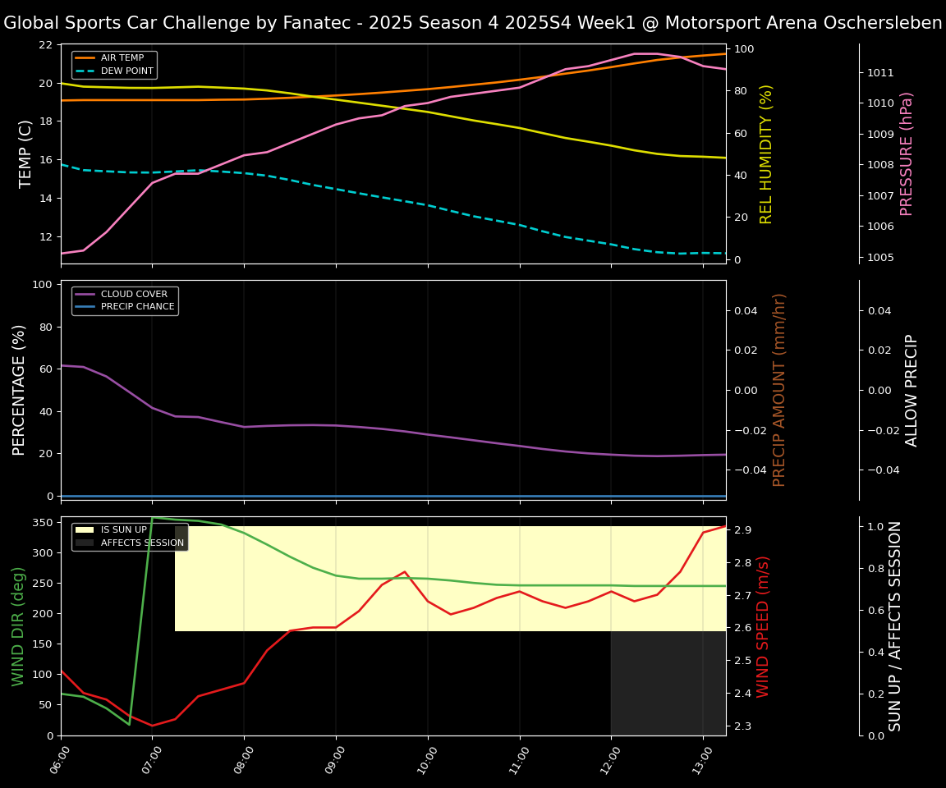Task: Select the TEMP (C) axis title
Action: pos(26,153)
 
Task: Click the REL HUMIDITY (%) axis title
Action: pos(767,153)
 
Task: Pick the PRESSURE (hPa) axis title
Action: pos(907,153)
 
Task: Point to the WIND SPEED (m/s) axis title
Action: pos(764,626)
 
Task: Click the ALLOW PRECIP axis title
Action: pos(912,390)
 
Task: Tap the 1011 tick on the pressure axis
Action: pos(880,72)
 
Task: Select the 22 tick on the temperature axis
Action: pos(45,44)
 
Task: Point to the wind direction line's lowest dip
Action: pos(129,725)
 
